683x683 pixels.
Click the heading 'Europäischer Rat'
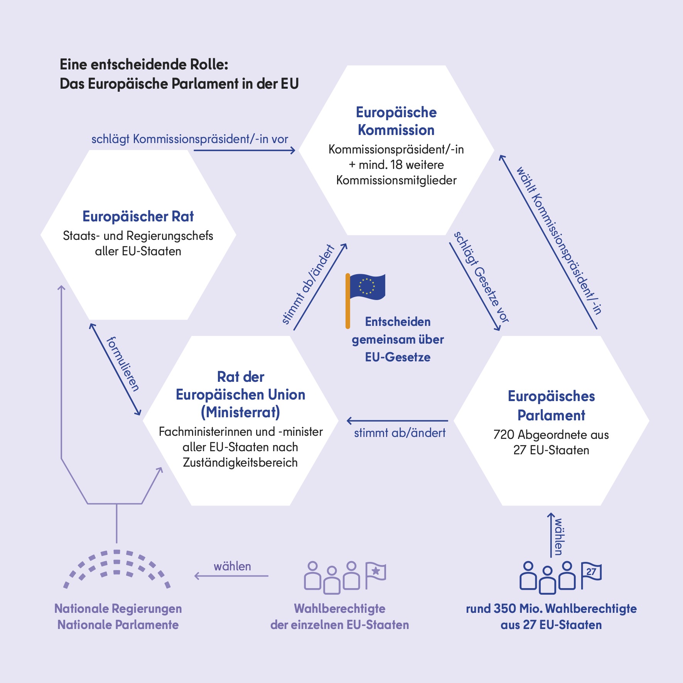[138, 217]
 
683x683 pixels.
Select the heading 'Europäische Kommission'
[396, 121]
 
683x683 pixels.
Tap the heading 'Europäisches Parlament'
[551, 406]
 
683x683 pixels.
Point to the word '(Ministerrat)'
[241, 412]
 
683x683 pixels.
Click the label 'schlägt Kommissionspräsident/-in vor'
[190, 139]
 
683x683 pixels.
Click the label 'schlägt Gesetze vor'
[481, 277]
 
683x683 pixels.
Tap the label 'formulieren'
[123, 364]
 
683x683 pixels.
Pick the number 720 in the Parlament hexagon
[504, 435]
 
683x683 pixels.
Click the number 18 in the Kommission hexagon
[396, 165]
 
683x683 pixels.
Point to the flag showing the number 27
[591, 575]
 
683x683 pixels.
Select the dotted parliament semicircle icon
[117, 569]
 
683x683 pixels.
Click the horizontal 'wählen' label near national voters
[232, 566]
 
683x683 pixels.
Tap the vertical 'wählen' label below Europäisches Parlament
[558, 537]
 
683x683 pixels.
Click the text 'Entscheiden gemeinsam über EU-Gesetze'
[398, 339]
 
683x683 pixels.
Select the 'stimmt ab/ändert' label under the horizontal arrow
[400, 433]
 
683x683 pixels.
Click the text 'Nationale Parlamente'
[118, 625]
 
